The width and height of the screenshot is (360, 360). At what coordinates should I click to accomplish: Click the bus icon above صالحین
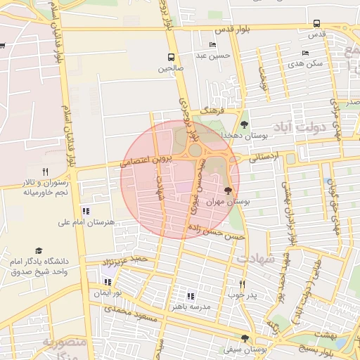[x=171, y=57]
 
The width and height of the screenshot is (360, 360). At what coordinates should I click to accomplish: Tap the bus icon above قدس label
[x=316, y=23]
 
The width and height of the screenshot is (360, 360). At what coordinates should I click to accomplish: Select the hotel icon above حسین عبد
[x=213, y=45]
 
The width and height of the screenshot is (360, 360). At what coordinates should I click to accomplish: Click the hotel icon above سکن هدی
[x=304, y=53]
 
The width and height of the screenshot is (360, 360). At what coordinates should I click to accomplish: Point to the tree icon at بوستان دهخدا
[x=244, y=124]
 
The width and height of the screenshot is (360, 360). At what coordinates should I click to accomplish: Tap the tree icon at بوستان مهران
[x=227, y=190]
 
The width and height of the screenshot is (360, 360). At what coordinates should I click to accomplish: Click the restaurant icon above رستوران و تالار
[x=46, y=171]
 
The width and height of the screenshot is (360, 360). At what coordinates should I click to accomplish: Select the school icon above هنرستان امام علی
[x=85, y=211]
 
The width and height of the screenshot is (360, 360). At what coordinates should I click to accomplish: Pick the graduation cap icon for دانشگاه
[x=39, y=251]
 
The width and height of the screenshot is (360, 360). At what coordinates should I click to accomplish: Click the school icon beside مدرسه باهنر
[x=191, y=296]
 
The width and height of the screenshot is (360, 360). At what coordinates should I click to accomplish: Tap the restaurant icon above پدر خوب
[x=241, y=284]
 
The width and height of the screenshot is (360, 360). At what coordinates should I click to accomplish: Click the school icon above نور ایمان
[x=108, y=282]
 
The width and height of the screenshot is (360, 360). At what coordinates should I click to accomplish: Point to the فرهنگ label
[x=212, y=110]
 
